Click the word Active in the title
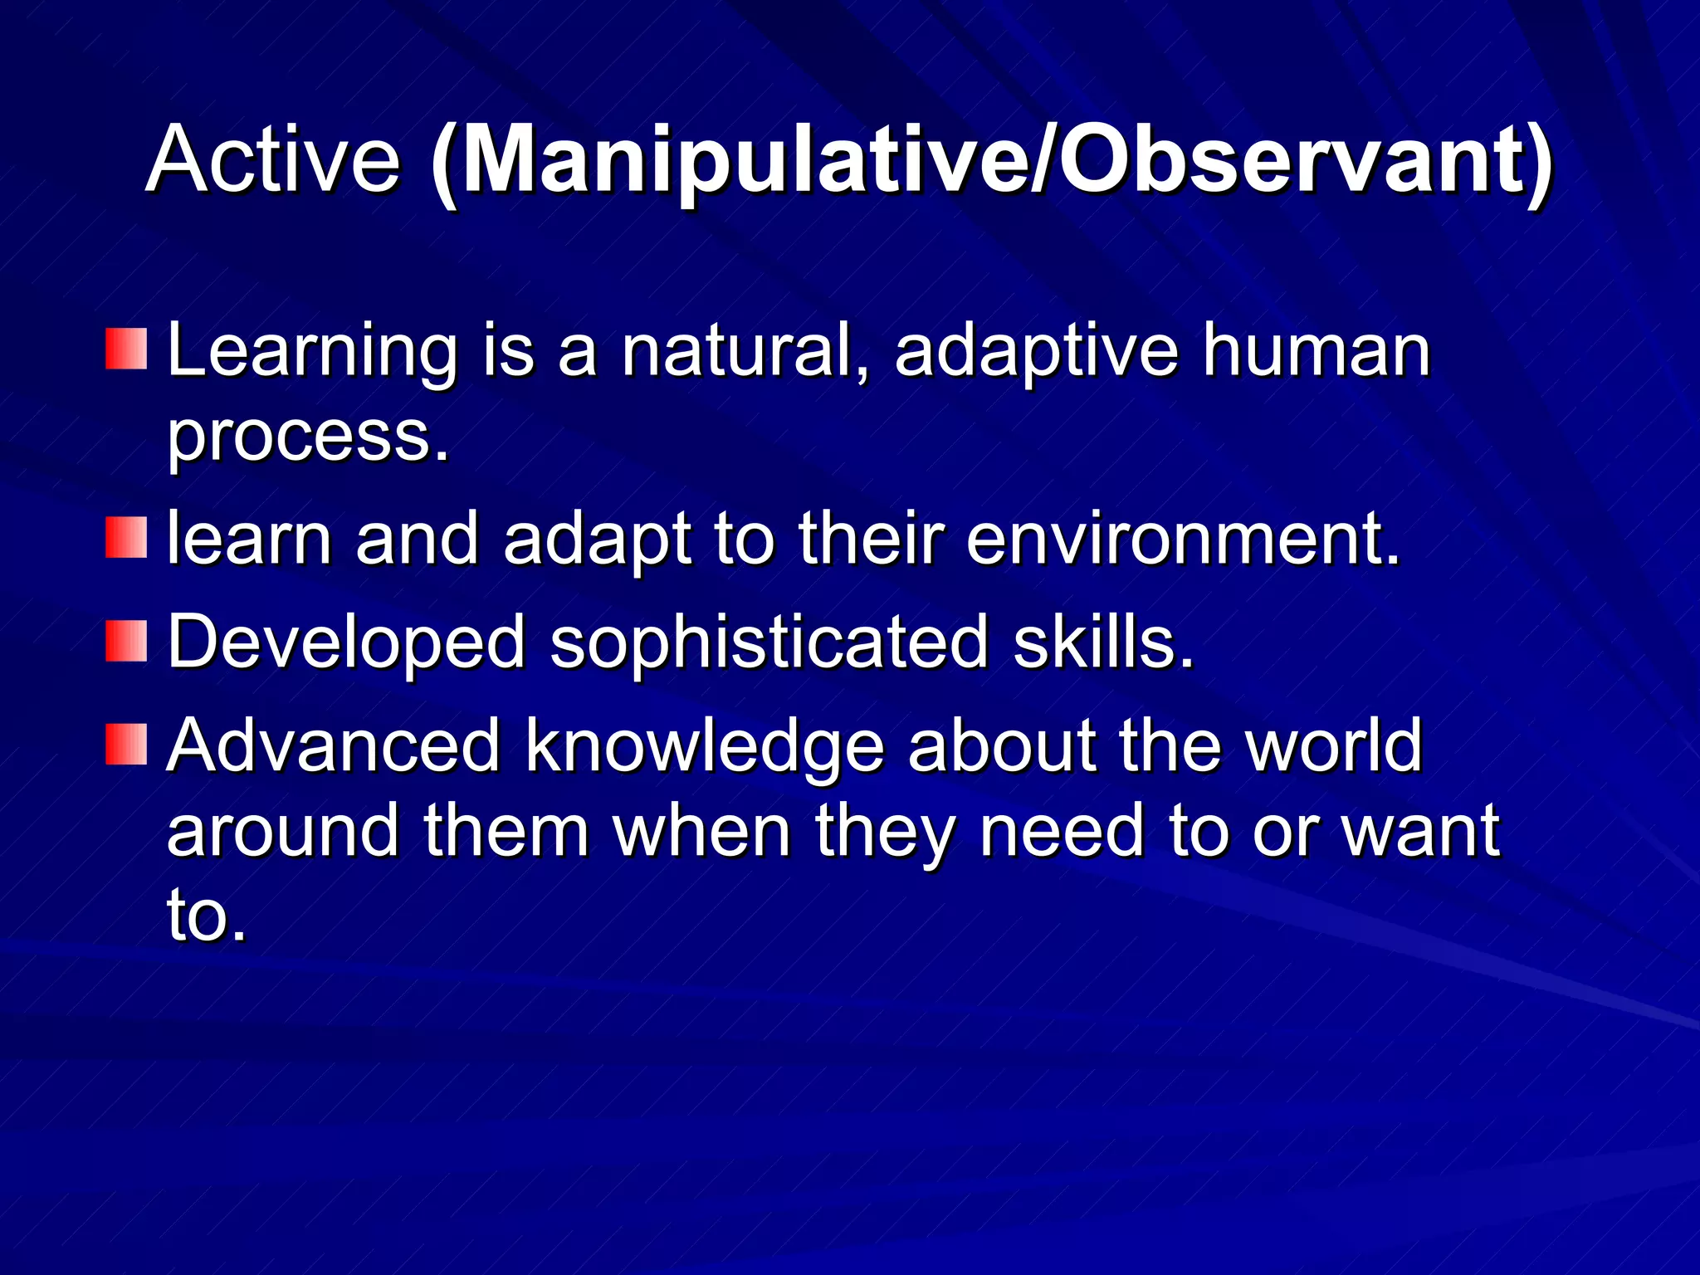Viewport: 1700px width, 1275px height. pos(273,159)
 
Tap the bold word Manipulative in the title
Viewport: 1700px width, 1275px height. pos(739,159)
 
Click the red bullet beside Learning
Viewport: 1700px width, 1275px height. pos(126,349)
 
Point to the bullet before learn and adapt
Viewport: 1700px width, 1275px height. pos(126,538)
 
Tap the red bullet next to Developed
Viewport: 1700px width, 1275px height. pos(126,642)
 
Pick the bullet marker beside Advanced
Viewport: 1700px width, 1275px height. pos(126,745)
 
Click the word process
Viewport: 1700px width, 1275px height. pos(307,437)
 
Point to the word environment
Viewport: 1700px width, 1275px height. pos(1182,540)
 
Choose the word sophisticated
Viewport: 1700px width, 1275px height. pos(769,643)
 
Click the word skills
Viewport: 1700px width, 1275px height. pos(1103,643)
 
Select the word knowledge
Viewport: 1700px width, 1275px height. pos(705,746)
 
